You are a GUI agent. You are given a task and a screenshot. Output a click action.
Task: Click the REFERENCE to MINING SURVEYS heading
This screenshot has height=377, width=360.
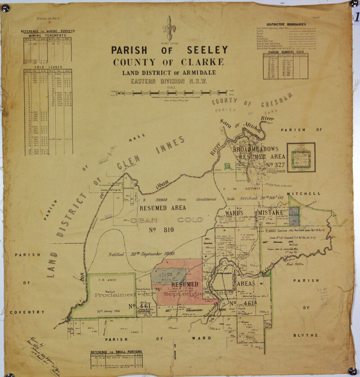pyautogui.click(x=48, y=31)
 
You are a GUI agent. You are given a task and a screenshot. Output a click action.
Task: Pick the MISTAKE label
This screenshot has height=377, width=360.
pyautogui.click(x=271, y=213)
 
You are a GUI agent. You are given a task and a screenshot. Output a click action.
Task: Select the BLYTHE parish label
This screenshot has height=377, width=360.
pyautogui.click(x=306, y=335)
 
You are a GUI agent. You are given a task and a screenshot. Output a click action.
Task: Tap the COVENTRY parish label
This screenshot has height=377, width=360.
pyautogui.click(x=27, y=312)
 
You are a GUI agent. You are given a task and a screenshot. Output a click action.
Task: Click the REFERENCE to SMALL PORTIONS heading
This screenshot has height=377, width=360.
pyautogui.click(x=116, y=352)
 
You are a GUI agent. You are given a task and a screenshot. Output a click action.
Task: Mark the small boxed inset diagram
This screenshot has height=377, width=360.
pyautogui.click(x=301, y=157)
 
